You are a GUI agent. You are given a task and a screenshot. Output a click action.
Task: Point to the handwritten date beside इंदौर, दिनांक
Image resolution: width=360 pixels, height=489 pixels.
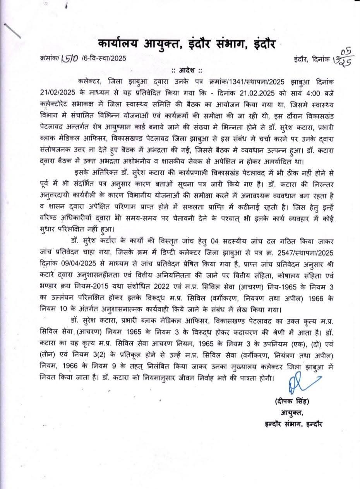pos(341,58)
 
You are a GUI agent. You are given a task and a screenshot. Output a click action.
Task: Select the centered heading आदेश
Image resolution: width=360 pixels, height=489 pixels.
pos(187,71)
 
